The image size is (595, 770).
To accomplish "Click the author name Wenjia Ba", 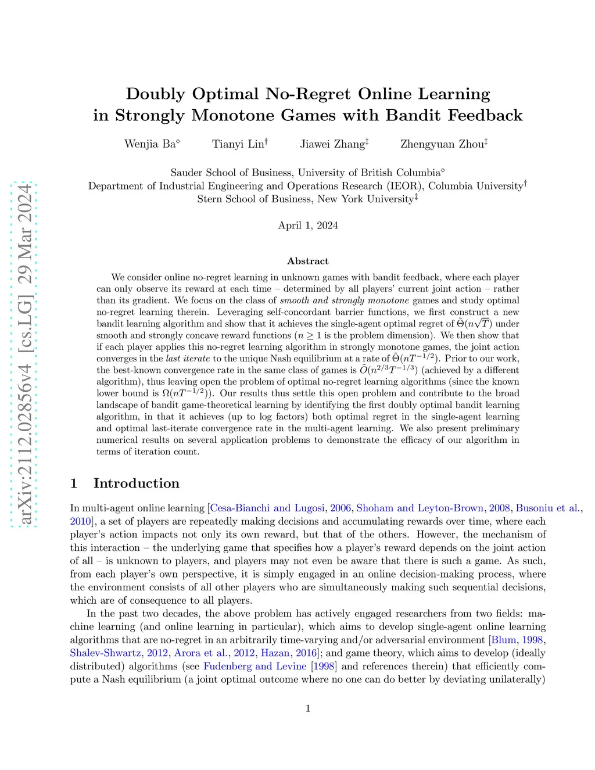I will point(150,144).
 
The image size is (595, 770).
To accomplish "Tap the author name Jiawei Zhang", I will point(332,144).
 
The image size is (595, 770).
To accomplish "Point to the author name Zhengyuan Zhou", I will point(442,144).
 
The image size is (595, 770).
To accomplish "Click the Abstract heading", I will point(308,262).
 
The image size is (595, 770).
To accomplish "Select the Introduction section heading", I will point(136,484).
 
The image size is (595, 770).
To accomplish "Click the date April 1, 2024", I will point(308,225).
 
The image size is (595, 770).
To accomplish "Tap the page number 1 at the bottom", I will point(308,708).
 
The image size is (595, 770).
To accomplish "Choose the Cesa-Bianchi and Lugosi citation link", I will point(267,508).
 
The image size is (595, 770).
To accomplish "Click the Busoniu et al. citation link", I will point(547,508).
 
